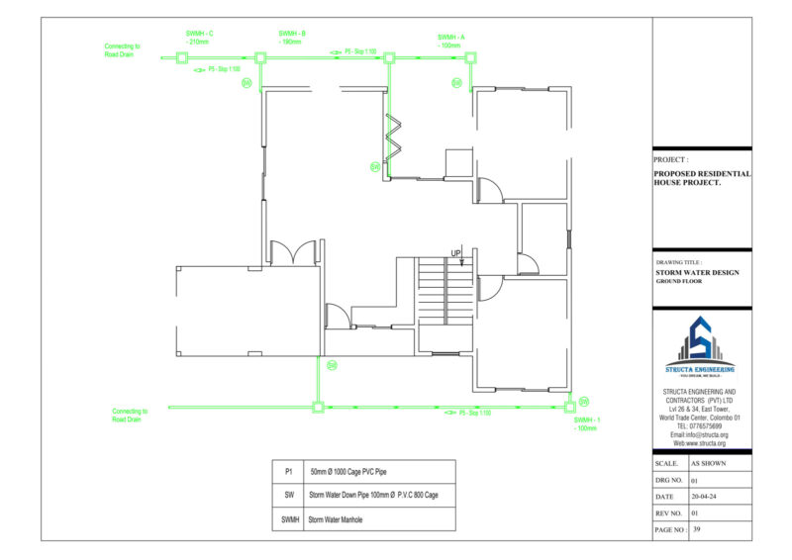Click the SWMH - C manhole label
tap(199, 38)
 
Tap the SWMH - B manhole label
tap(291, 38)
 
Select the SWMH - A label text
tap(450, 42)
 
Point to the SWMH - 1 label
tap(586, 423)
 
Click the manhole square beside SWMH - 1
tap(570, 406)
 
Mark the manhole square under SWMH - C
tap(182, 58)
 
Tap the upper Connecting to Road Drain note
tap(123, 50)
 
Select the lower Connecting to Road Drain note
tap(130, 415)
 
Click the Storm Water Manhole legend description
tap(337, 518)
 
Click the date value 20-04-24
tap(705, 497)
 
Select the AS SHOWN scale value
tap(709, 463)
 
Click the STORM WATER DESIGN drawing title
tap(697, 272)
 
